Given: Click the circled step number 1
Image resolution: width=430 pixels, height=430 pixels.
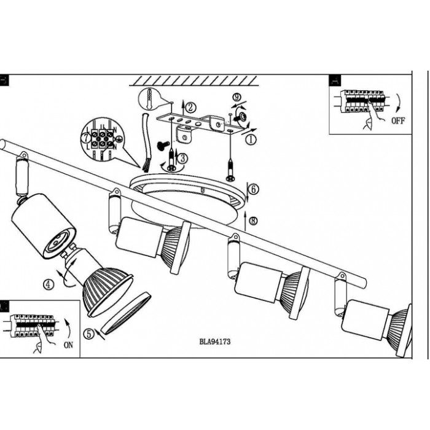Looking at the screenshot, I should pyautogui.click(x=250, y=139).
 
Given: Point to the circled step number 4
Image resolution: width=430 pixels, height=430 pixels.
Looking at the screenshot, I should pyautogui.click(x=48, y=284).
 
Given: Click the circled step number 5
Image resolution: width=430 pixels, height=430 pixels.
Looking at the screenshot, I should pyautogui.click(x=89, y=335).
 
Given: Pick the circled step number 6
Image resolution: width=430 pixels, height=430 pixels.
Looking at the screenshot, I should pyautogui.click(x=254, y=190).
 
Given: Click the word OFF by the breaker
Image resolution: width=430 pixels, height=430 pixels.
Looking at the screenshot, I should pyautogui.click(x=399, y=121).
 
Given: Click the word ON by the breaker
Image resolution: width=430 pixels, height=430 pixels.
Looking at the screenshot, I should pyautogui.click(x=68, y=346).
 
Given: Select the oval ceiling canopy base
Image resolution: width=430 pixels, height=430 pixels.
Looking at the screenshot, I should pyautogui.click(x=190, y=190).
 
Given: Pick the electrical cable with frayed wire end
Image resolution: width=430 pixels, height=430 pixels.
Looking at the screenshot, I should pyautogui.click(x=147, y=141).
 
